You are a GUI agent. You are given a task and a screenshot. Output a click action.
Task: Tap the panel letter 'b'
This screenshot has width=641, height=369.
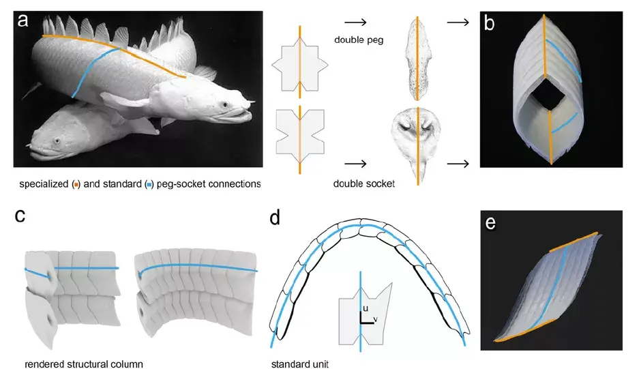click(x=490, y=23)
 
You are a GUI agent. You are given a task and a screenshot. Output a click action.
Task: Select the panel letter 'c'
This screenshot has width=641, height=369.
click(x=20, y=216)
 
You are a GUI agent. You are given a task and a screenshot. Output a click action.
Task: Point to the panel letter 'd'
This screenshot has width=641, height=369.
click(x=275, y=219)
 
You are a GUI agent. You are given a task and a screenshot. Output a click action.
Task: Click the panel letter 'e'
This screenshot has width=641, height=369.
click(x=489, y=222)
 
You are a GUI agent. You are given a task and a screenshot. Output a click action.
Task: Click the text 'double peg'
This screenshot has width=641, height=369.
click(x=359, y=39)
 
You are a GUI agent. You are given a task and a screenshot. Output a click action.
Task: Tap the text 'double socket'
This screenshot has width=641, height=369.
click(x=364, y=183)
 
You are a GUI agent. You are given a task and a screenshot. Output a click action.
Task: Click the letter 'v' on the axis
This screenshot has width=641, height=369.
click(x=376, y=319)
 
